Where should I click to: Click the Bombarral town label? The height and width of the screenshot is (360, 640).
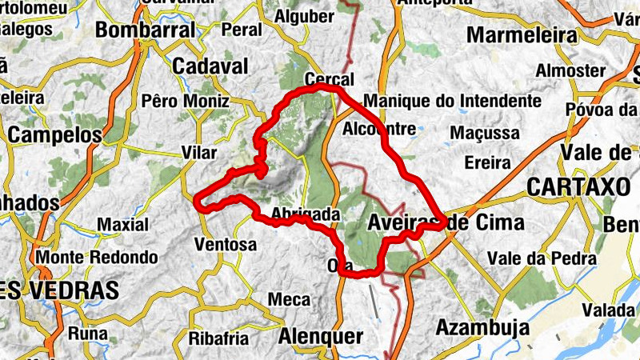pos(145,30)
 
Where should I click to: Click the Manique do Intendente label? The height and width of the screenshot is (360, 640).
pos(452,102)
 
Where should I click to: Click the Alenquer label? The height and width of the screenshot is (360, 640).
pos(320,337)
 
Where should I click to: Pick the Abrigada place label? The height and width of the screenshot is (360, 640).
pos(306,214)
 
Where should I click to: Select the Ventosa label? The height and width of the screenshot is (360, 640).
pos(225,244)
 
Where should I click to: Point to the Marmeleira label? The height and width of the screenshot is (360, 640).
pos(522,36)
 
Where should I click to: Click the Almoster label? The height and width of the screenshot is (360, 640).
pos(570,70)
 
